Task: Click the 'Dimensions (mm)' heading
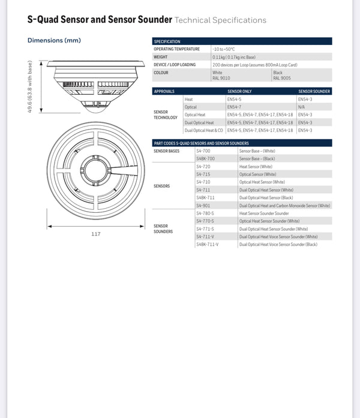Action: click(54, 41)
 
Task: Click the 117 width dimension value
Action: click(96, 234)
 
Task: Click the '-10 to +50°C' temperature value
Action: click(224, 49)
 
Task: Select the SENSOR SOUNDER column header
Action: click(314, 91)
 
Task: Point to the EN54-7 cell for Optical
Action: click(234, 107)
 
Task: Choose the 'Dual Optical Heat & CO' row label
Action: click(203, 130)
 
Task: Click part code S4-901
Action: click(203, 205)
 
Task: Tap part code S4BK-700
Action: click(205, 158)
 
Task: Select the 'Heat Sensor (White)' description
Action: click(256, 166)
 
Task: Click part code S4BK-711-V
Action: click(208, 245)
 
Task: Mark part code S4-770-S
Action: click(205, 221)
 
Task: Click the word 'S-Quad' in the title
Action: click(48, 19)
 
